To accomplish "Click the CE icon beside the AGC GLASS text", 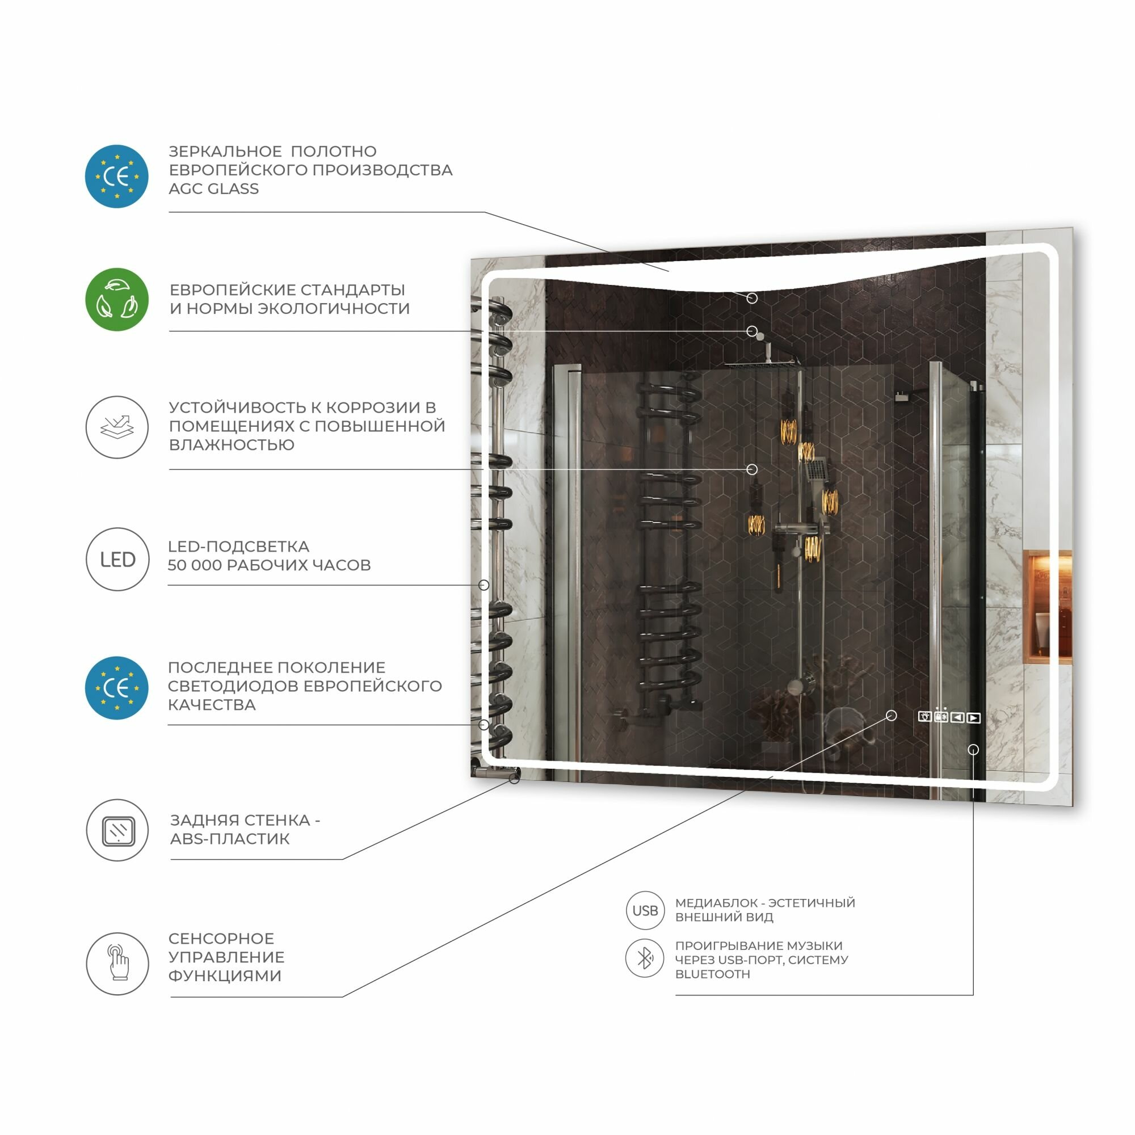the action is pyautogui.click(x=117, y=176).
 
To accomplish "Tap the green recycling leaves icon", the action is pyautogui.click(x=117, y=300).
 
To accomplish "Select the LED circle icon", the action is pyautogui.click(x=117, y=558).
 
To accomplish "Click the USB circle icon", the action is pyautogui.click(x=645, y=911).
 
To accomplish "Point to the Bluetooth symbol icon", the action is pyautogui.click(x=645, y=958).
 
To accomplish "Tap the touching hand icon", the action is pyautogui.click(x=117, y=964).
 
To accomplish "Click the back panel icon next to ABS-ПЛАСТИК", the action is pyautogui.click(x=117, y=830).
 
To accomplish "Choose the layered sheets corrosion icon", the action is pyautogui.click(x=117, y=427).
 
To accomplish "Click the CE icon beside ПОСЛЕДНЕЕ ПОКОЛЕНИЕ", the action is pyautogui.click(x=117, y=688).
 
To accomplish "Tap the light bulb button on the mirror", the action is pyautogui.click(x=924, y=717).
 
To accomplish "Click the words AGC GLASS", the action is pyautogui.click(x=214, y=189).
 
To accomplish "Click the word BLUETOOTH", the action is pyautogui.click(x=713, y=974).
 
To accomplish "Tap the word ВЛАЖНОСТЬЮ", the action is pyautogui.click(x=232, y=445).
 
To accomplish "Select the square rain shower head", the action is pyautogui.click(x=762, y=364).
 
